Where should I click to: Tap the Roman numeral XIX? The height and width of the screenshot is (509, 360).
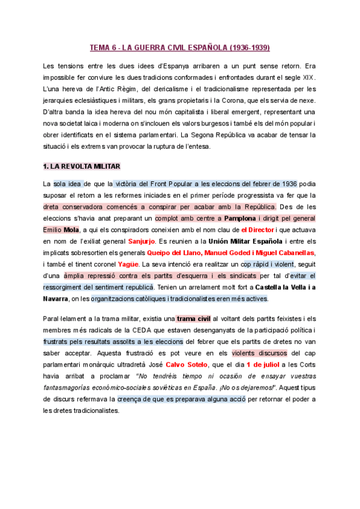click(307, 77)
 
